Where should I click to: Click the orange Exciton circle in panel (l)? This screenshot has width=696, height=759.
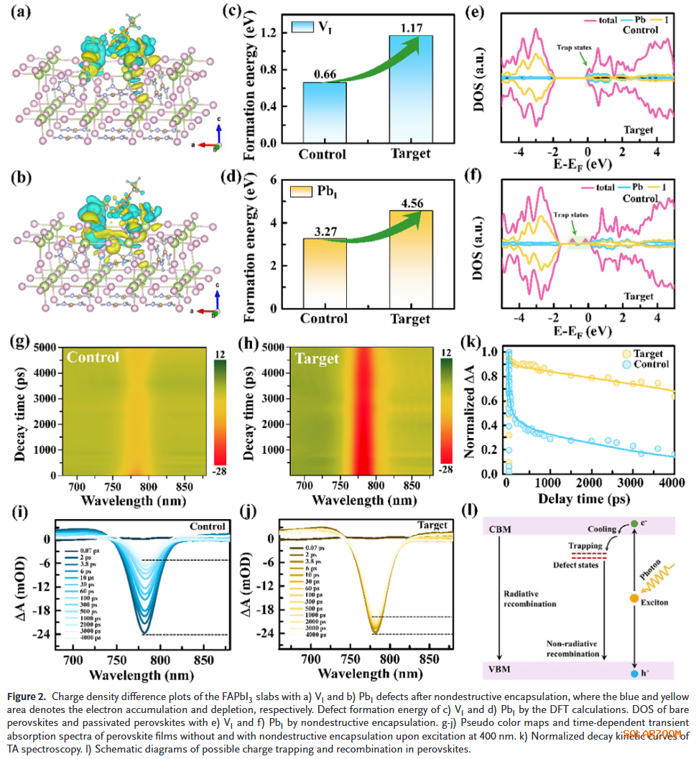point(634,599)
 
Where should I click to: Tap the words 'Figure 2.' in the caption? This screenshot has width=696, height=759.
point(27,697)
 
